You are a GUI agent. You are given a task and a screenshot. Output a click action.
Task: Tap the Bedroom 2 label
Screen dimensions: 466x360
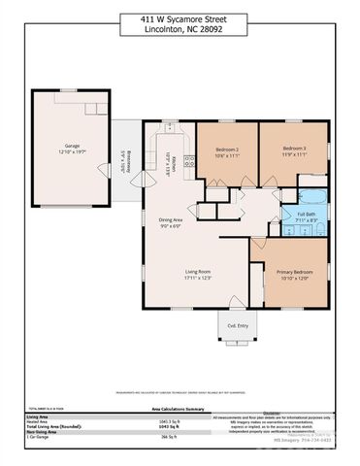click(227, 150)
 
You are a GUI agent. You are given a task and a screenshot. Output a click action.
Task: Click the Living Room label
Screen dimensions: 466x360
click(198, 272)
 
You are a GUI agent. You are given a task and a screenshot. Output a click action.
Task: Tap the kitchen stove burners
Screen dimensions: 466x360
click(189, 163)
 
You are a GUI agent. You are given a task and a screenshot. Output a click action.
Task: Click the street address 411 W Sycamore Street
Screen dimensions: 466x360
click(180, 18)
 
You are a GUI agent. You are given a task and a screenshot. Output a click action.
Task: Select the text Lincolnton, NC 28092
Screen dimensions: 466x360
click(180, 29)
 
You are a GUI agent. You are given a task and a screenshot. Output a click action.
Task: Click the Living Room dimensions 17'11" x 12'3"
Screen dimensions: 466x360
click(198, 279)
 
